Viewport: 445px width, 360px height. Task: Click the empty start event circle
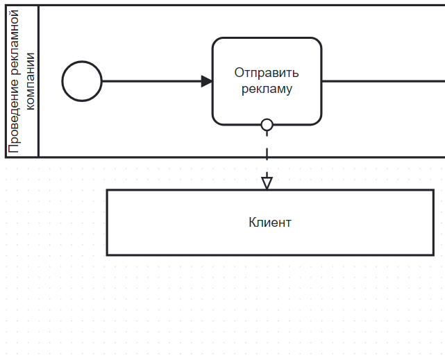(82, 81)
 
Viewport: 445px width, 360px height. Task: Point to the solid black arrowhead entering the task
(207, 81)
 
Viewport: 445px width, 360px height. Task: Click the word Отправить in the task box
(267, 73)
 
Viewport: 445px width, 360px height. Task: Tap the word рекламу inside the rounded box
(267, 89)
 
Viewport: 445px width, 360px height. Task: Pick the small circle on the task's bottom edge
(267, 125)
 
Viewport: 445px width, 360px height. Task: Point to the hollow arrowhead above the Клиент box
(267, 182)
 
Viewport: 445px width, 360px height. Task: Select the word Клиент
(270, 223)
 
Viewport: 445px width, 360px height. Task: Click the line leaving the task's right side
(382, 81)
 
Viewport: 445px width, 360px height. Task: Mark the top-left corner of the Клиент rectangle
(107, 190)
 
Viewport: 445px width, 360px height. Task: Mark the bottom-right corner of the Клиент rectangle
(433, 255)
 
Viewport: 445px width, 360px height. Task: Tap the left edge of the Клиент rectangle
(107, 223)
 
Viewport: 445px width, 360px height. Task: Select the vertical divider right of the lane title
(38, 81)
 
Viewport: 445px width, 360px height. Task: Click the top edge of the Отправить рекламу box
(267, 38)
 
